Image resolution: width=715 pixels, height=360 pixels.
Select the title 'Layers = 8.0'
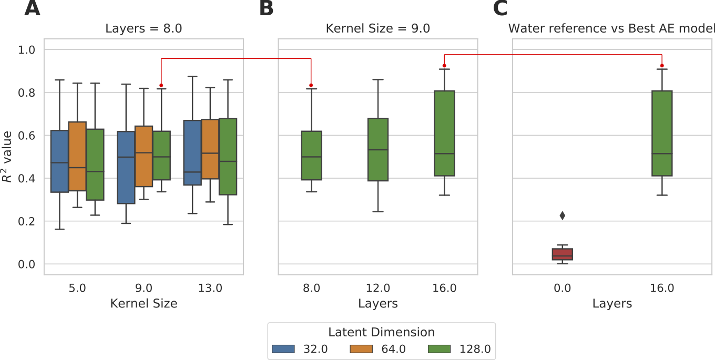point(144,28)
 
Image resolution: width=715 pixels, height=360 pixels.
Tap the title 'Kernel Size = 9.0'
point(377,28)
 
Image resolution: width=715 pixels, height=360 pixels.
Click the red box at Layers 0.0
point(562,254)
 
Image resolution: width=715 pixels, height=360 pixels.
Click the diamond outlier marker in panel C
point(562,215)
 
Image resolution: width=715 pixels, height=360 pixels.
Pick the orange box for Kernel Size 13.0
point(210,149)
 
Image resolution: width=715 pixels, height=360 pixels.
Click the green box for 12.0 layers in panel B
point(378,149)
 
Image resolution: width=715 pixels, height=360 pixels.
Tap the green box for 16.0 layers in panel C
point(662,133)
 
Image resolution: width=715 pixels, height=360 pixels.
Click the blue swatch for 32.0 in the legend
point(284,349)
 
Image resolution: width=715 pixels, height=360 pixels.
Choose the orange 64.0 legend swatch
point(361,349)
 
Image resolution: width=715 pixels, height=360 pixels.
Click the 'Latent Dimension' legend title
point(381,332)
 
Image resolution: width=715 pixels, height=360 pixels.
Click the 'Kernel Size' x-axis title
point(144,303)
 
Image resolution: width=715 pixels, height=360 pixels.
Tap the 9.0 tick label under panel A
point(144,288)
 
